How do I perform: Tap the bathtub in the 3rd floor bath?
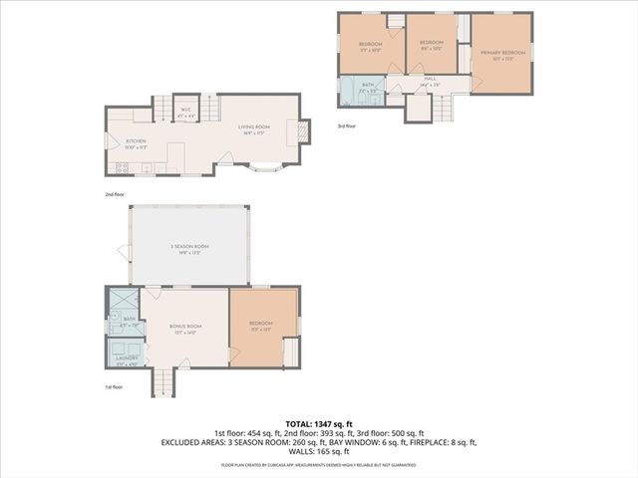coord(348,93)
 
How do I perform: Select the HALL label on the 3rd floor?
coord(430,78)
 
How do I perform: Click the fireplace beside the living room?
coord(305,129)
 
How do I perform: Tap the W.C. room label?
coord(185,110)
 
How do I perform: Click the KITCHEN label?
coord(136,141)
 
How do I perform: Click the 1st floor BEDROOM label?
coord(260,324)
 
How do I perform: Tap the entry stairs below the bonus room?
coord(163,381)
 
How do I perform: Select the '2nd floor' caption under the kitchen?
coord(116,193)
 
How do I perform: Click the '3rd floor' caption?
coord(347,125)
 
